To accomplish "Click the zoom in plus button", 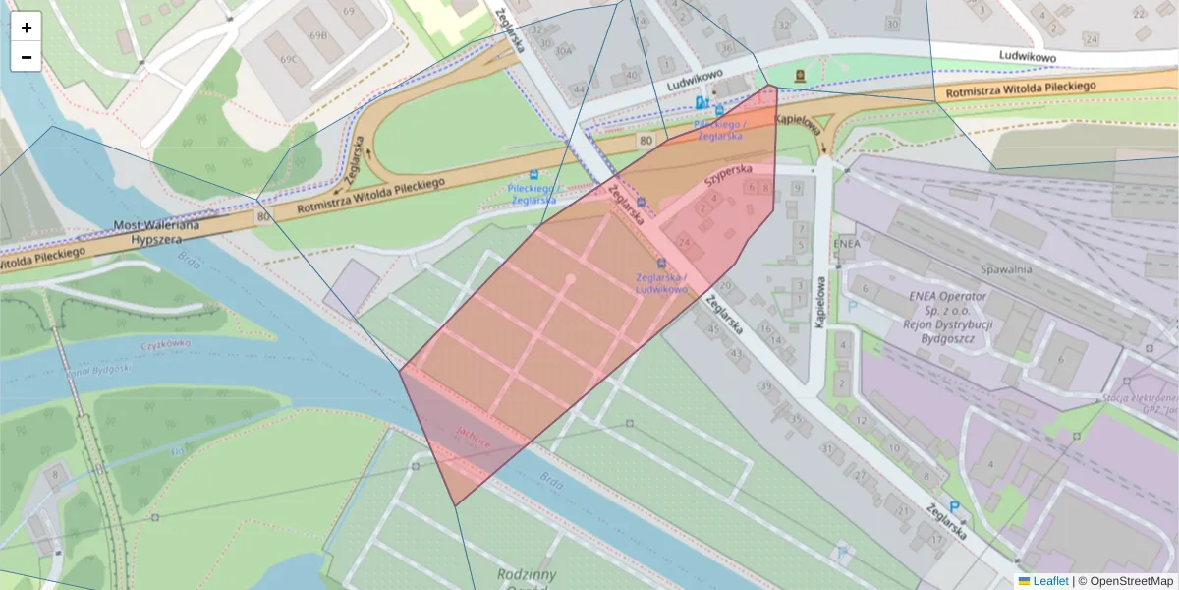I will click(27, 28).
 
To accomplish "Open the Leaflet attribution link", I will click(1050, 581).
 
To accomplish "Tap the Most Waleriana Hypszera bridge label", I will click(157, 232).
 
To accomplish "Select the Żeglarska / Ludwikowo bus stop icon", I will click(661, 264).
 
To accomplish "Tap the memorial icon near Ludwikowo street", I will click(800, 75).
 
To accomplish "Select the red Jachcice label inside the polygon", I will click(475, 442).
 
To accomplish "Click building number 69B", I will click(318, 35).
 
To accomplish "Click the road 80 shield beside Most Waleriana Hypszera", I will click(262, 215).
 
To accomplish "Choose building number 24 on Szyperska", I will click(684, 242).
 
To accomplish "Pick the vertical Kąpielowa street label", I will click(817, 302).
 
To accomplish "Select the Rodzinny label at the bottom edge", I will click(527, 574).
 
